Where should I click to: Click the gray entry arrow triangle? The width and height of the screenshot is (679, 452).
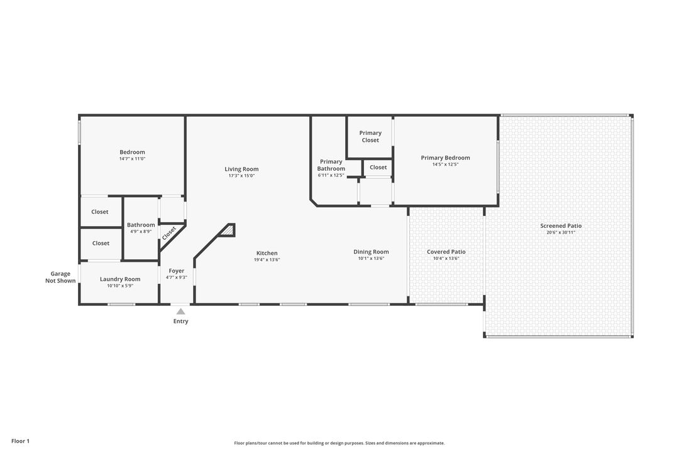(180, 311)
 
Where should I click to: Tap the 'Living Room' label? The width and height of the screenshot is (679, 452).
(241, 169)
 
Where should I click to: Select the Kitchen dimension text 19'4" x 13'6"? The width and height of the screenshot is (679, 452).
(267, 260)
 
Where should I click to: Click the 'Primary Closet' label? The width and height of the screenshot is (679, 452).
(370, 136)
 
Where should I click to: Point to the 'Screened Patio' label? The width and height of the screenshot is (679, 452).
(561, 226)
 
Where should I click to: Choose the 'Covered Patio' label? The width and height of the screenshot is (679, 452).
(446, 252)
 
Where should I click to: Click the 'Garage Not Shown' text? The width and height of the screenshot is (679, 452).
(60, 277)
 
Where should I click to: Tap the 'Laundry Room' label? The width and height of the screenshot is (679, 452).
(120, 279)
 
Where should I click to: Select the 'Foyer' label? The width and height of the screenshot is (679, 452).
(176, 271)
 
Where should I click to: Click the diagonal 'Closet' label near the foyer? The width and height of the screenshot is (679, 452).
(169, 234)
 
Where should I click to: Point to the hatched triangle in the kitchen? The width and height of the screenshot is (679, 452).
(229, 230)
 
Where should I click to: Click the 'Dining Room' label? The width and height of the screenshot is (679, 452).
(371, 252)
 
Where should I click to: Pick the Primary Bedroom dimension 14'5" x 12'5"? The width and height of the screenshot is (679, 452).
(445, 164)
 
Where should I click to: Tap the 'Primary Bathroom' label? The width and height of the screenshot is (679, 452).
(331, 165)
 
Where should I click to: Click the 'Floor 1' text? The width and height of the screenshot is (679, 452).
(20, 441)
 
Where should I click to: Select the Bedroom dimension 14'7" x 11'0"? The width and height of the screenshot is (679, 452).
(133, 159)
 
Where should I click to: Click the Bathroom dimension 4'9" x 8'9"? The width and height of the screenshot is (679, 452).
(141, 232)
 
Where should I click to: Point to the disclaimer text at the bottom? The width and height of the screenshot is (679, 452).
(339, 443)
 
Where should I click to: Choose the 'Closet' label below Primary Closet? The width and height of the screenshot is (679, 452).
(378, 168)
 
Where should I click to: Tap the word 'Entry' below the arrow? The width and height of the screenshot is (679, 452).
(180, 321)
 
